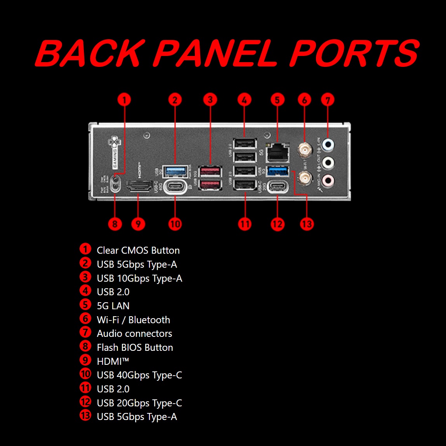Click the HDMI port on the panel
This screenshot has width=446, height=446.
[139, 186]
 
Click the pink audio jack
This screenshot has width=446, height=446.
[328, 179]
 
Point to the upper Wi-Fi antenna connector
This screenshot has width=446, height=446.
[304, 149]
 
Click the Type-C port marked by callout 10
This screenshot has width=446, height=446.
[175, 186]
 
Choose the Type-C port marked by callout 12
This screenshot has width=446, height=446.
[278, 186]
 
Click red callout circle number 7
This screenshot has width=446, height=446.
[328, 100]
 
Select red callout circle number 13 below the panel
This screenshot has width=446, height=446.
[307, 224]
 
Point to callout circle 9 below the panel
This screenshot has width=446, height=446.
[138, 224]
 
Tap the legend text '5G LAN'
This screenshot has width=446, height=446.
[113, 306]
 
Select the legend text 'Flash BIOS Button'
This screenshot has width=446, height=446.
[135, 348]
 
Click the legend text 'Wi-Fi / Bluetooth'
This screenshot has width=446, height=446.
[133, 320]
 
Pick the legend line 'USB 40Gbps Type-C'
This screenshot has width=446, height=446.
[139, 375]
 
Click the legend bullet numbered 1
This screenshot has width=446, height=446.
[85, 249]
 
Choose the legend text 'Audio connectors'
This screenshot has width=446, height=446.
[134, 334]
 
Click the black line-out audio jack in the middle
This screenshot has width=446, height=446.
[328, 162]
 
